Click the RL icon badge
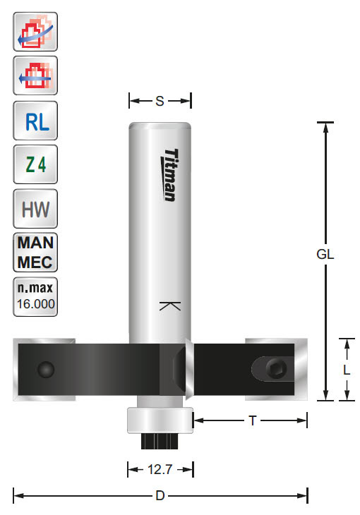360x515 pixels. tap(35, 121)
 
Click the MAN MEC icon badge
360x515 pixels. tap(35, 252)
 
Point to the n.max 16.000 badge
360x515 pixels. tap(35, 296)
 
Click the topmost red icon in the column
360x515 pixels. tap(35, 32)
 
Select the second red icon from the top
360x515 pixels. tap(35, 75)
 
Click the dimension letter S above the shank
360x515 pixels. tap(160, 102)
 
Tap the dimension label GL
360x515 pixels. tap(325, 256)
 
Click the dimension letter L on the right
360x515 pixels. tap(347, 370)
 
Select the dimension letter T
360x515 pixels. tap(251, 420)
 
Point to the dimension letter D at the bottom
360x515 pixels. tap(160, 496)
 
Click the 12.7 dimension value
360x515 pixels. tap(160, 468)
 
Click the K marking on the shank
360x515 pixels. tap(170, 306)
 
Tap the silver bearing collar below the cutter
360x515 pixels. tap(160, 420)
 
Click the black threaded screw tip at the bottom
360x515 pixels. tap(160, 441)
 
